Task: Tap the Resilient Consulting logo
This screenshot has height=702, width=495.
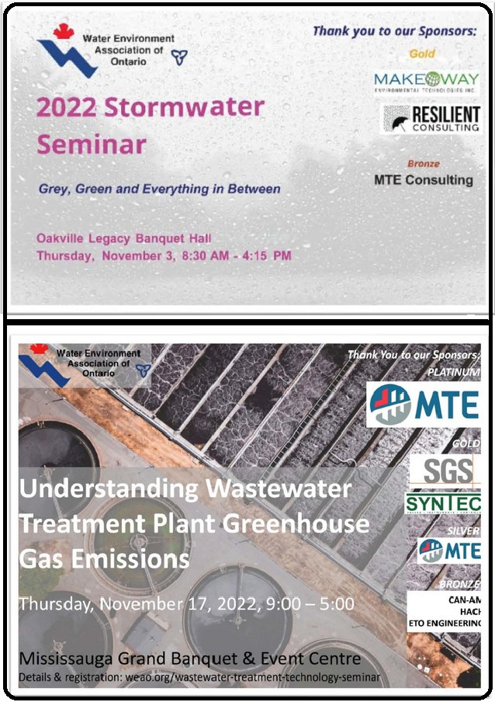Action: point(431,119)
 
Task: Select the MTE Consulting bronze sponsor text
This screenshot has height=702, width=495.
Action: point(423,179)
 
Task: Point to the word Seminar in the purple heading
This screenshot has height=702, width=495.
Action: point(92,144)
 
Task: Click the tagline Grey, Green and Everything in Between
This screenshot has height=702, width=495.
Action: point(159,189)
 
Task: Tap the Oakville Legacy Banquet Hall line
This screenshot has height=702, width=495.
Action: point(123,238)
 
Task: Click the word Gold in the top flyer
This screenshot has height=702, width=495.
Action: point(422,54)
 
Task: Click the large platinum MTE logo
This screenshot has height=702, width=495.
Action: point(423,404)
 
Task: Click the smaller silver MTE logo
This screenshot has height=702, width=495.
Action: point(448,551)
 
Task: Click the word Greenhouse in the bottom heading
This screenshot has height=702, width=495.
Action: point(296,524)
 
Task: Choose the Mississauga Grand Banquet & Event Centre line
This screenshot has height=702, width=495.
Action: point(190,659)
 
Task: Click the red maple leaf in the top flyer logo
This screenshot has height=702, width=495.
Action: point(64,32)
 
